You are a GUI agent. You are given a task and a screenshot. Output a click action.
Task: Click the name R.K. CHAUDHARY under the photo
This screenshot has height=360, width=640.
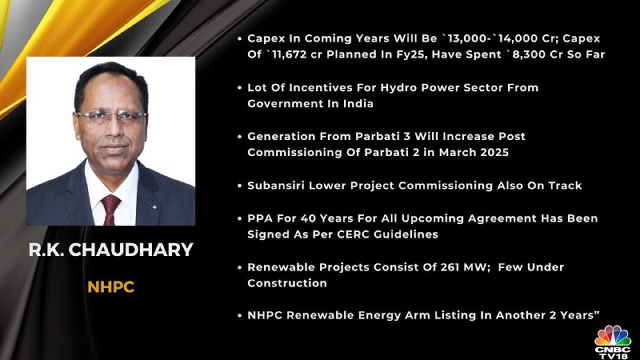pyautogui.click(x=110, y=250)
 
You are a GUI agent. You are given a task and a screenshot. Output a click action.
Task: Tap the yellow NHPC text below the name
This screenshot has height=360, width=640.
pyautogui.click(x=110, y=287)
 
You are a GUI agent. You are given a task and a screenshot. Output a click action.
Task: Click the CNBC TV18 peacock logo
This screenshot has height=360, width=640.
pyautogui.click(x=613, y=342)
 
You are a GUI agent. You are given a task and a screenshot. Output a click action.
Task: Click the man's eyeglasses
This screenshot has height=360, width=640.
pyautogui.click(x=111, y=117)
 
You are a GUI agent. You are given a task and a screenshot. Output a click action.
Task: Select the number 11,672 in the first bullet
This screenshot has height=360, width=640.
pyautogui.click(x=289, y=54)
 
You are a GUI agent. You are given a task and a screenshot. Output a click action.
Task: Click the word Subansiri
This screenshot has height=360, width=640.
pyautogui.click(x=276, y=186)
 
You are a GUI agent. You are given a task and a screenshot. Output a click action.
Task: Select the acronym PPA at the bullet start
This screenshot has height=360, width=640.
pyautogui.click(x=260, y=218)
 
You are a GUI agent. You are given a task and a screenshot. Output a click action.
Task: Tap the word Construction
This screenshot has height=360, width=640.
pyautogui.click(x=287, y=283)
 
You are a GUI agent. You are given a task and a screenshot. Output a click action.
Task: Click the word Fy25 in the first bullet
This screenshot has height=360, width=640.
pyautogui.click(x=411, y=55)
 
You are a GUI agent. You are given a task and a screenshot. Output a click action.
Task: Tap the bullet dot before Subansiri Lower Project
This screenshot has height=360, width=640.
pyautogui.click(x=239, y=186)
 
